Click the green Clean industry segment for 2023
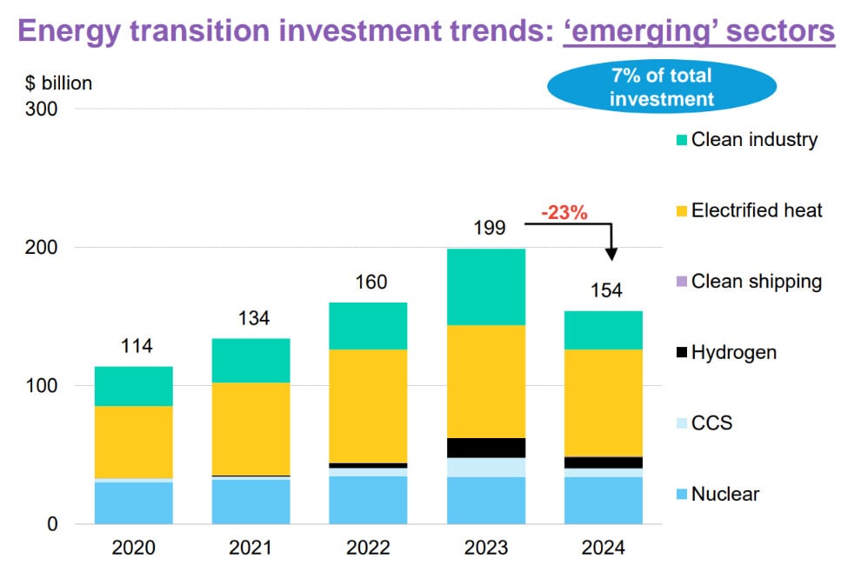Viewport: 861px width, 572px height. [485, 287]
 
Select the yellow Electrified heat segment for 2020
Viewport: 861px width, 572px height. [133, 442]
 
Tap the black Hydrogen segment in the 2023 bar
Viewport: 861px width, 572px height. [485, 448]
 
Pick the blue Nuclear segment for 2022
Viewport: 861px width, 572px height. [368, 500]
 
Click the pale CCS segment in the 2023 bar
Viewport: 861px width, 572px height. [485, 467]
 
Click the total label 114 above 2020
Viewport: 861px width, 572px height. [137, 346]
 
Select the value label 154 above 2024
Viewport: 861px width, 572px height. [606, 290]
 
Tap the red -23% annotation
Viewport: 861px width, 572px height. [564, 212]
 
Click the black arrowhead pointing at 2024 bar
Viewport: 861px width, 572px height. [612, 253]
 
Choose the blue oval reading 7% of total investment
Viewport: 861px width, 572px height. [662, 87]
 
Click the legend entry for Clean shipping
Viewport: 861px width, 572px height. [747, 282]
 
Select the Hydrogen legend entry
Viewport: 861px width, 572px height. [725, 353]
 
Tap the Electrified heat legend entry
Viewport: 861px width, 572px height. [748, 210]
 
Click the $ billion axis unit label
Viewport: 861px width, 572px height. [57, 83]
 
